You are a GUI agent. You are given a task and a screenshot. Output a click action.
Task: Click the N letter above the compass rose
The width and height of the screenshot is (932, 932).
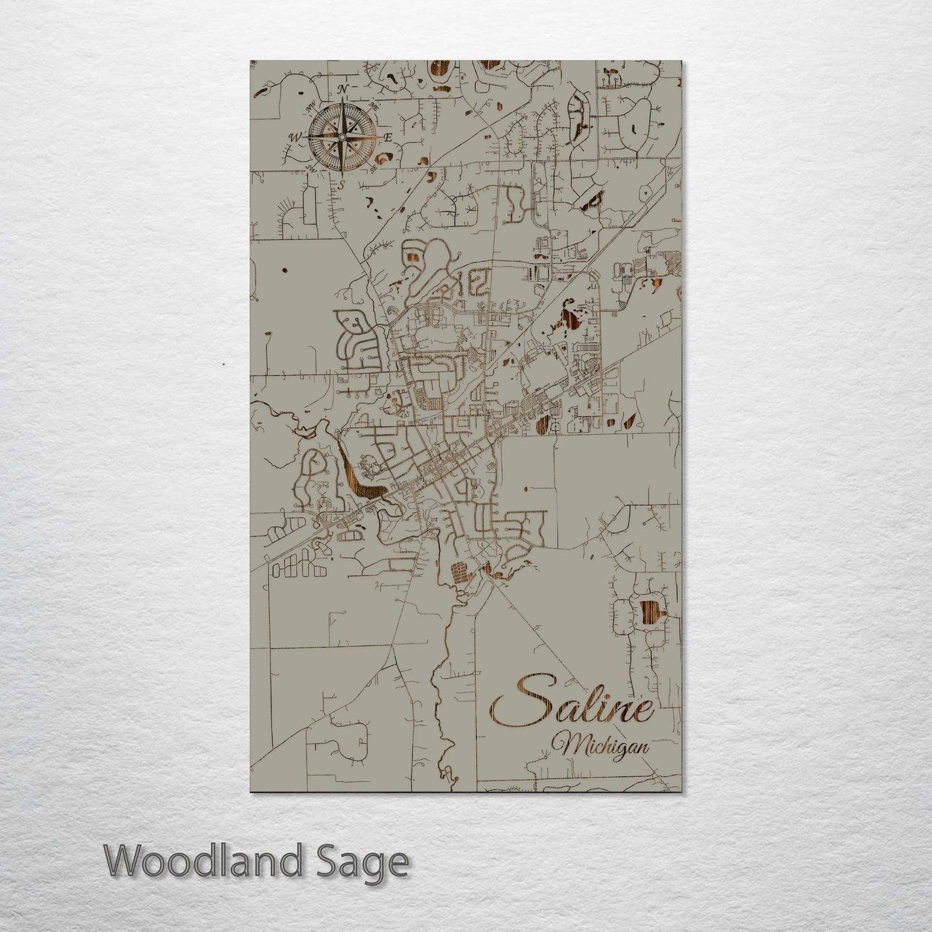[344, 88]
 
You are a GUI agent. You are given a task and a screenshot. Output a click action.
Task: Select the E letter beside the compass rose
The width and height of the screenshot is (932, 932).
[388, 137]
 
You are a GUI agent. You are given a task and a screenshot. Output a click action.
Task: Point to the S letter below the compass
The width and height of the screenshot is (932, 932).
[342, 184]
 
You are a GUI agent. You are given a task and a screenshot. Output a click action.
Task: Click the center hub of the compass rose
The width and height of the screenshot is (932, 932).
[342, 137]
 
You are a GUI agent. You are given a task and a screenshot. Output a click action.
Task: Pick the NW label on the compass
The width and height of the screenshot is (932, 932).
[310, 105]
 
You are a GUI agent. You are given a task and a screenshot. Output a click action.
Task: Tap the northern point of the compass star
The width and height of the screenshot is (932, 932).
[342, 103]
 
